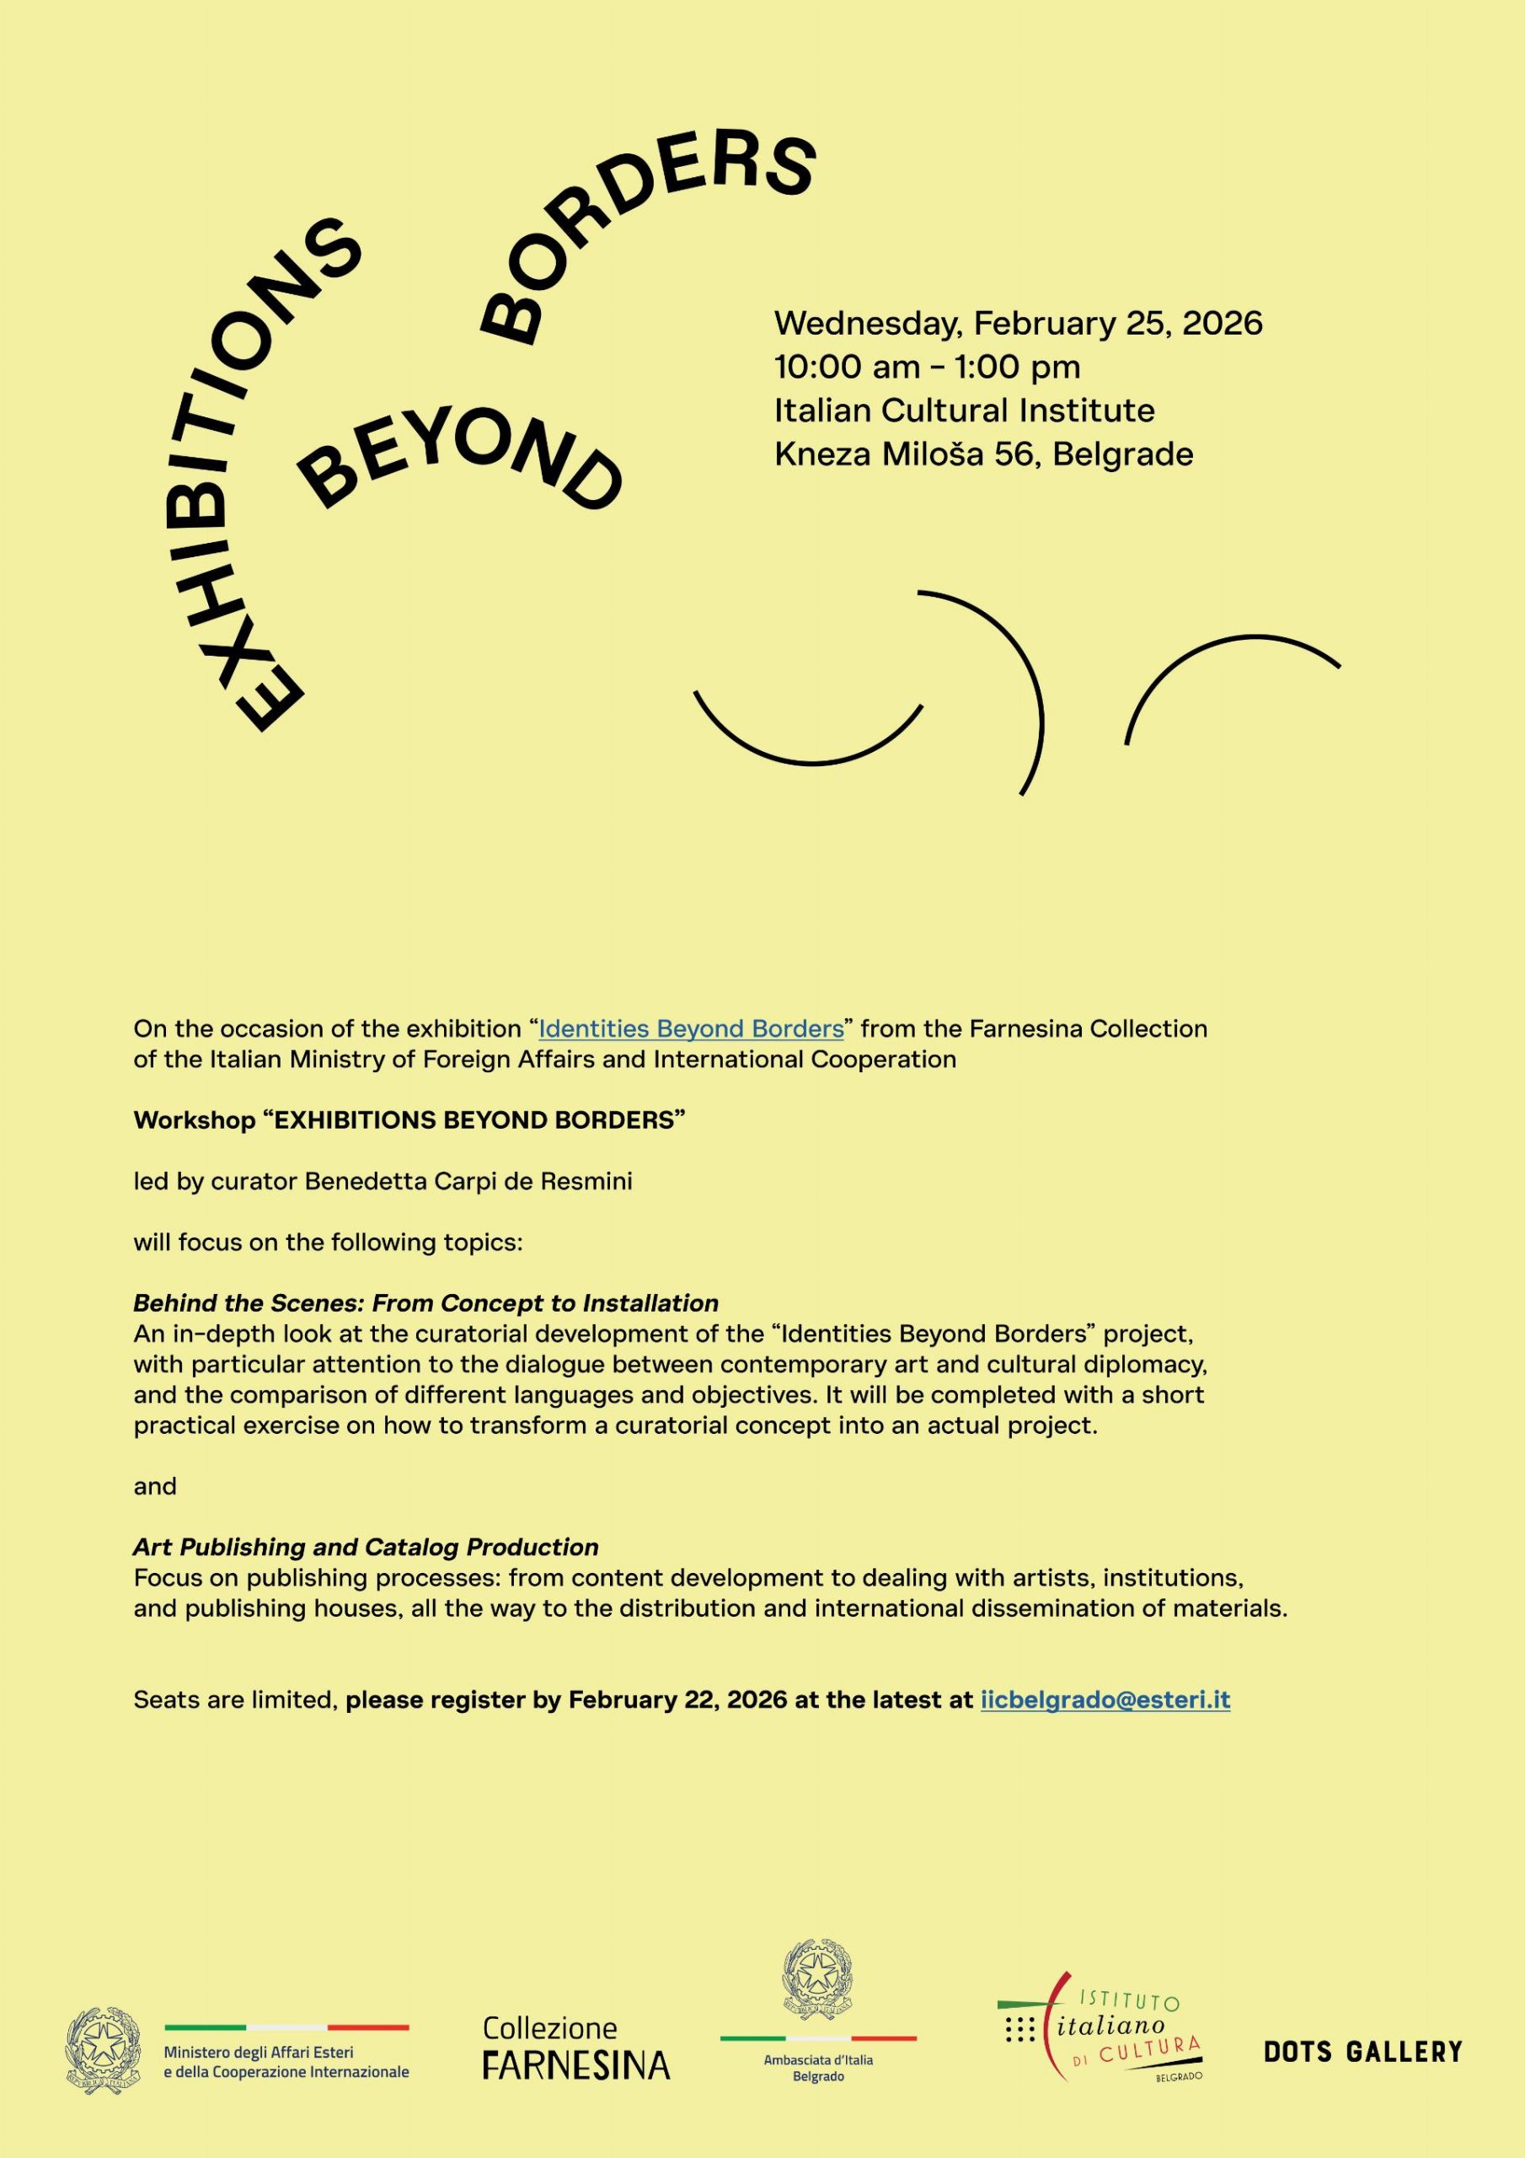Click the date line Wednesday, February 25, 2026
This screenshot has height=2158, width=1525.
(1018, 324)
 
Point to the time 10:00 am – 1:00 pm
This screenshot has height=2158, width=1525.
(927, 367)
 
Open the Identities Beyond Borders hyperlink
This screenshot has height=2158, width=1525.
(691, 1028)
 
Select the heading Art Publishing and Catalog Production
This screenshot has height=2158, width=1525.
(366, 1546)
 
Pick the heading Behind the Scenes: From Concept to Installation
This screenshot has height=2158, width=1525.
(425, 1302)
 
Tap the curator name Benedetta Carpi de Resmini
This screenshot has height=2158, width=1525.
(468, 1182)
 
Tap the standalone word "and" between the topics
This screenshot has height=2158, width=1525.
(155, 1486)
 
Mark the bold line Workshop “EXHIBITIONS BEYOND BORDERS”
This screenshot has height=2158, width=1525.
(409, 1120)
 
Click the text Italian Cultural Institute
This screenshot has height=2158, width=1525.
(964, 411)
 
